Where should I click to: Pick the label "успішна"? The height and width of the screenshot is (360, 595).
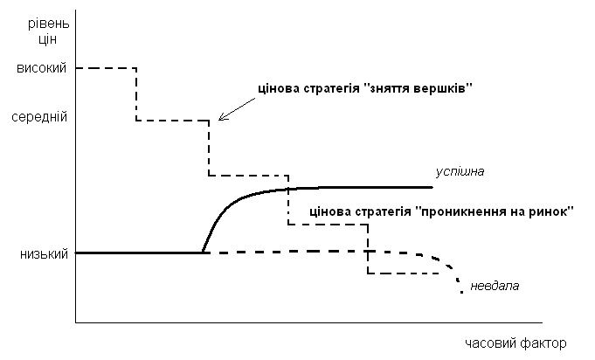(x=460, y=172)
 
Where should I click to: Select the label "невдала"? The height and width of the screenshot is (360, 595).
(x=494, y=286)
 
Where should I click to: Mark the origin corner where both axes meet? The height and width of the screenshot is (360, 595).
(x=76, y=323)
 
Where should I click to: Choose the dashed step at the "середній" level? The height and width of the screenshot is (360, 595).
(x=172, y=120)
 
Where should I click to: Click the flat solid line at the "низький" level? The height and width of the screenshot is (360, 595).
(x=140, y=253)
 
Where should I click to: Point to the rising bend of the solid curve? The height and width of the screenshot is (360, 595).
(x=218, y=215)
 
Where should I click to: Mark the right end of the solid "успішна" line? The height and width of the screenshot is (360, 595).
(x=431, y=187)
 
